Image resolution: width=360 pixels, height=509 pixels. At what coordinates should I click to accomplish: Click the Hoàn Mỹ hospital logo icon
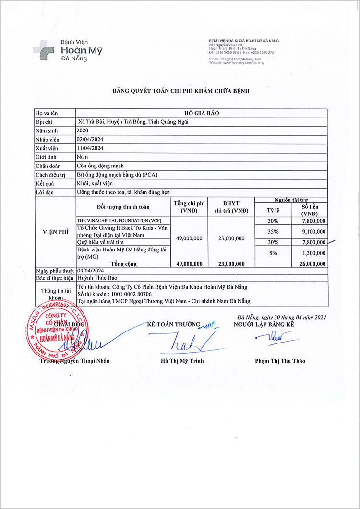pyautogui.click(x=43, y=49)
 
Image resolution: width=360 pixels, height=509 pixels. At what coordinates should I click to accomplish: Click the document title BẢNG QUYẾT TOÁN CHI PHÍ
pyautogui.click(x=181, y=91)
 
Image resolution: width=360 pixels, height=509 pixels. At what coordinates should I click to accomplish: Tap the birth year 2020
pyautogui.click(x=83, y=130)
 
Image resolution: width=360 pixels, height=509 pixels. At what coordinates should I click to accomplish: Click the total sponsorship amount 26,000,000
pyautogui.click(x=311, y=264)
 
